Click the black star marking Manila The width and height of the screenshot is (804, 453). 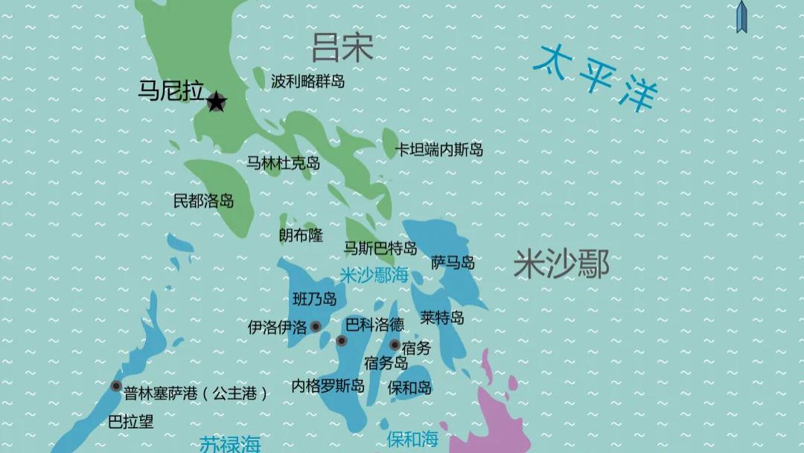coord(216,102)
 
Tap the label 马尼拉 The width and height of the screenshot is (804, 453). coord(171,91)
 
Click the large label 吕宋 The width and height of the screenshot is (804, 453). coord(342,48)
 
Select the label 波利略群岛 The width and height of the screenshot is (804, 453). coord(307,81)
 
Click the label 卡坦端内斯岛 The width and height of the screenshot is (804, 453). coord(438,150)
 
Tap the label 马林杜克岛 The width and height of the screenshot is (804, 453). coord(283,162)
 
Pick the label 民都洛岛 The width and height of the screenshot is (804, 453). coord(203,200)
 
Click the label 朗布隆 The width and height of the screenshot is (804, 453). coord(301,235)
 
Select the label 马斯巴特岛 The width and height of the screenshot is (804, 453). coord(380,248)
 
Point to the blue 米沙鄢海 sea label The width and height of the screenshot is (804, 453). coord(374,275)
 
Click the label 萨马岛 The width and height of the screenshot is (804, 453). coord(453,262)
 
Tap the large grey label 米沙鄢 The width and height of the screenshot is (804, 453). coord(561,264)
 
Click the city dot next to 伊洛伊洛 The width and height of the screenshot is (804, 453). coord(316,326)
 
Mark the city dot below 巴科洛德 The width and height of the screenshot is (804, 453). coord(342,341)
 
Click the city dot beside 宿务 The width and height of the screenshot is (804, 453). coord(395,344)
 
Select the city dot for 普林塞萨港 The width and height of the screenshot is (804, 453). coord(116,386)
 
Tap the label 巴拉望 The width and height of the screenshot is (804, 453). coord(131,422)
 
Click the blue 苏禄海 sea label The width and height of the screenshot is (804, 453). coord(230,444)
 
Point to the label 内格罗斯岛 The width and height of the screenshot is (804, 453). coord(328,386)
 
